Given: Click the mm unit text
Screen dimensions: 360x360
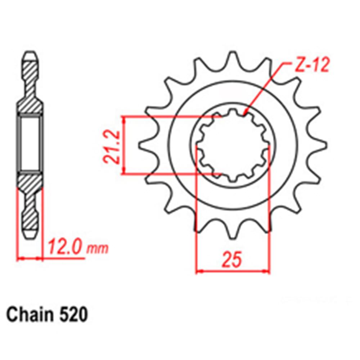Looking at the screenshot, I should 98,249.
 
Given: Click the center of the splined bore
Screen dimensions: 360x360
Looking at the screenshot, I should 233,145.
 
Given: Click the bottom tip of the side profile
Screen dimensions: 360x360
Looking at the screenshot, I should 30,235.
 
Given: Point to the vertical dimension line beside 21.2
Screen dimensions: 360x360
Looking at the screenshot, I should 124,145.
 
